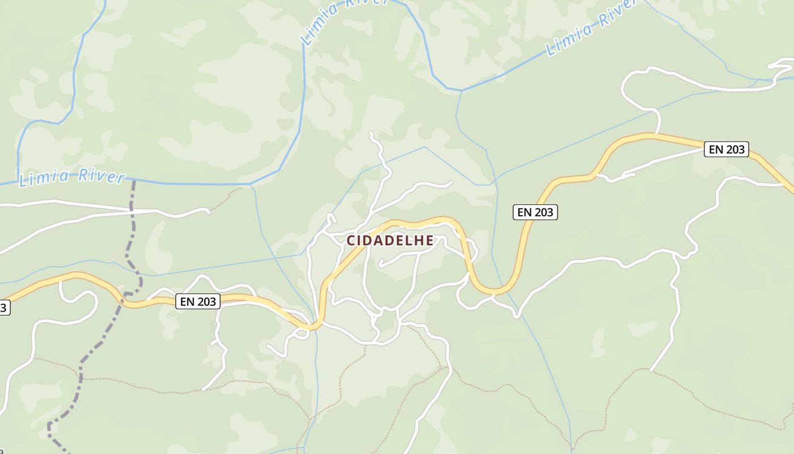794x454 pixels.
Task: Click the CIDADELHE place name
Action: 390,241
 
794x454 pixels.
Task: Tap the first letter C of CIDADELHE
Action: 351,241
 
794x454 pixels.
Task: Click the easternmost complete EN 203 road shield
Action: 727,150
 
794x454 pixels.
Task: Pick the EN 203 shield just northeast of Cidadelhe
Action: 536,212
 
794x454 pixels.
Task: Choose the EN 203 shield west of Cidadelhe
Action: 197,301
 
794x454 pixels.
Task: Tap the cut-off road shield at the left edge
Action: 4,308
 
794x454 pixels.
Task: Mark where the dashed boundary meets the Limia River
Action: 133,182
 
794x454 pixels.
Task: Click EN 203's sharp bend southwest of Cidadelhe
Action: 312,327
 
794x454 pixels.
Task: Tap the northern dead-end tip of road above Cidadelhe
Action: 371,133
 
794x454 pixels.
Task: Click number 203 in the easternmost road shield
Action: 734,150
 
